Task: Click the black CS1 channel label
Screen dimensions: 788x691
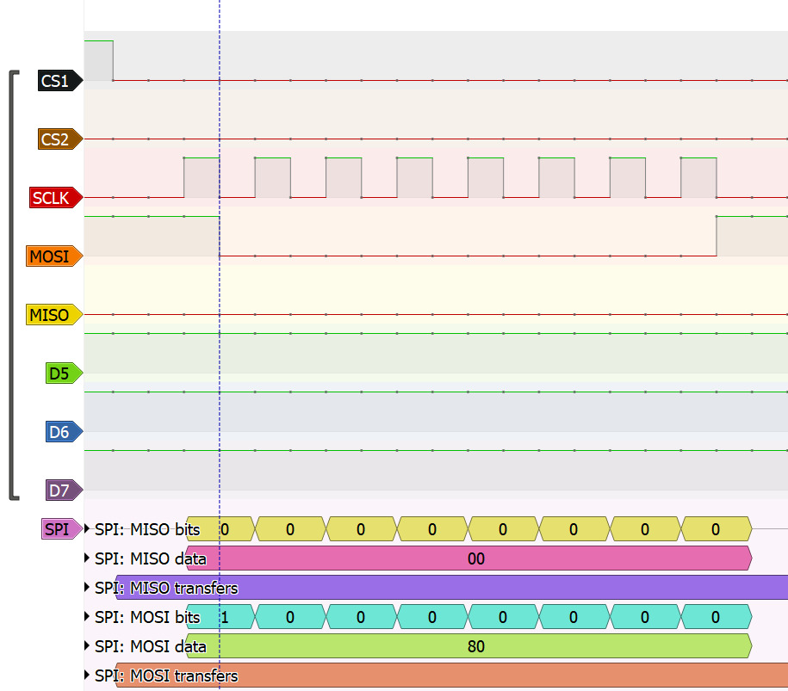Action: [x=59, y=80]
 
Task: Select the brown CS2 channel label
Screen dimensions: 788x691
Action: [x=59, y=139]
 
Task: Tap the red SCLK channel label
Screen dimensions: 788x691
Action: [x=56, y=197]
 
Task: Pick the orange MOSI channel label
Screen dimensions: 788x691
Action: [x=54, y=256]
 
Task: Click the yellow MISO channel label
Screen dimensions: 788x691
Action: [x=54, y=315]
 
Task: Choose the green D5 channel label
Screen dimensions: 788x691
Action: [x=64, y=373]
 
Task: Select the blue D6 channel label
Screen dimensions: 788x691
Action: [x=64, y=432]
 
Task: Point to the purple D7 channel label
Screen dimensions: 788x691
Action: [x=64, y=490]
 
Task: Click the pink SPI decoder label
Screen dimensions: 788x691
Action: [x=62, y=529]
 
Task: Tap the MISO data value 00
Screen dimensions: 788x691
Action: [x=476, y=558]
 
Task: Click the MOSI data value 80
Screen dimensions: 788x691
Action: [x=476, y=646]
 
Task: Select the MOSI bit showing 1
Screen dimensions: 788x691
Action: [x=225, y=617]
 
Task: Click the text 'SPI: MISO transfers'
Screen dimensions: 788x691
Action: [x=166, y=588]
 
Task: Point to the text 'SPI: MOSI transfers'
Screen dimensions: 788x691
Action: [x=166, y=676]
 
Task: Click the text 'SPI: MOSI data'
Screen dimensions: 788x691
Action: [x=151, y=647]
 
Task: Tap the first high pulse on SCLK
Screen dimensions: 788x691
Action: [x=202, y=177]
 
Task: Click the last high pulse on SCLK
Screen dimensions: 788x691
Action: [x=698, y=177]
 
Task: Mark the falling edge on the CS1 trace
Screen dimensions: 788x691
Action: [x=113, y=61]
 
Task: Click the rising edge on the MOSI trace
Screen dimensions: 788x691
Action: [x=717, y=236]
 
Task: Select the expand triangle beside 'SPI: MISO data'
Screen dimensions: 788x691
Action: [x=87, y=558]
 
